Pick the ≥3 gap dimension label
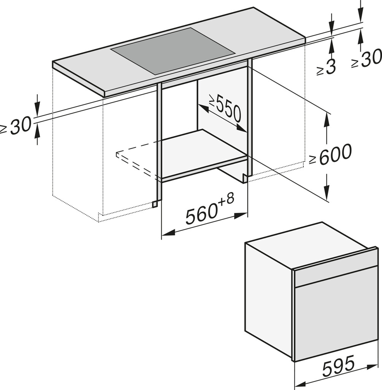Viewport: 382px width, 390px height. click(326, 67)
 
